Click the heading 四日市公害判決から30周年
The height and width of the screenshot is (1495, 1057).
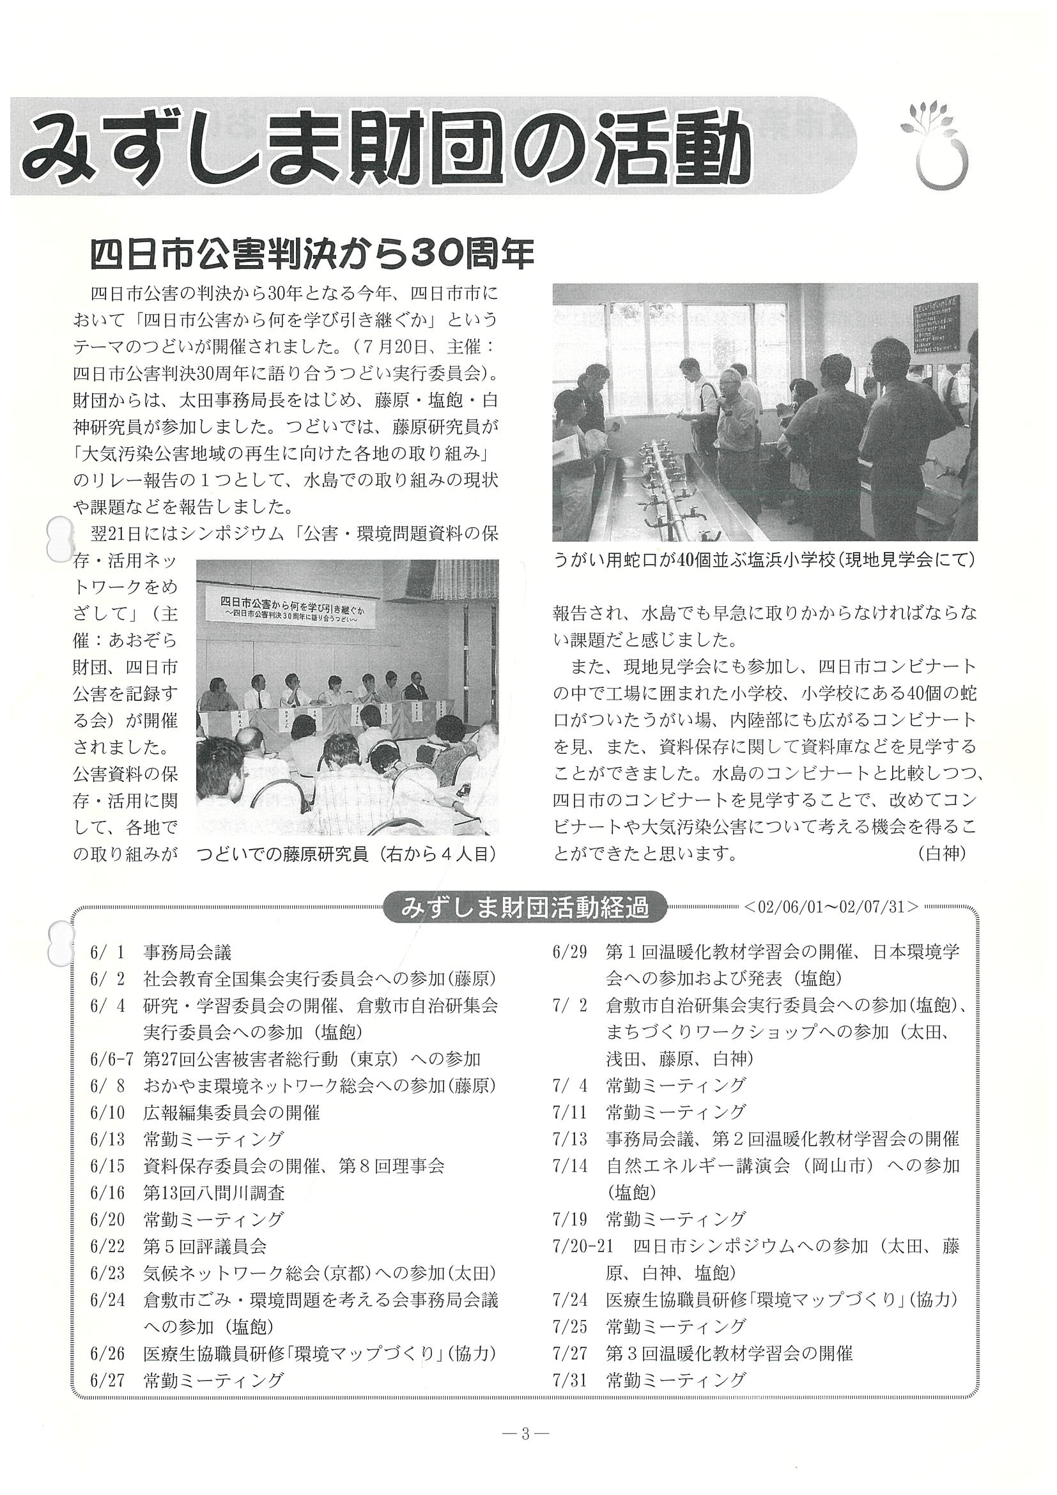pyautogui.click(x=311, y=254)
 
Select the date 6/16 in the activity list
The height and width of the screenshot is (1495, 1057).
pyautogui.click(x=105, y=1193)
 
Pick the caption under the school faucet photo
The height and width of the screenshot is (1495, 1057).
pyautogui.click(x=764, y=559)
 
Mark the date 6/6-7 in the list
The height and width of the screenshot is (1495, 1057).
pyautogui.click(x=111, y=1059)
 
